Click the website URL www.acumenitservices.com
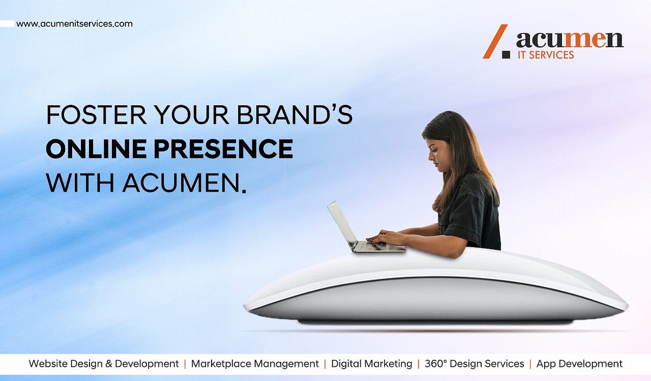tap(74, 24)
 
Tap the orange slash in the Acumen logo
tap(495, 41)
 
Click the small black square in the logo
tap(506, 54)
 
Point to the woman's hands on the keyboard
tap(382, 237)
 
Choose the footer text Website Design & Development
tap(104, 364)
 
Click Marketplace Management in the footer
tap(255, 364)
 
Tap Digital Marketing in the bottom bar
tap(372, 364)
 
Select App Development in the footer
tap(579, 364)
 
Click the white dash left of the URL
tap(7, 24)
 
